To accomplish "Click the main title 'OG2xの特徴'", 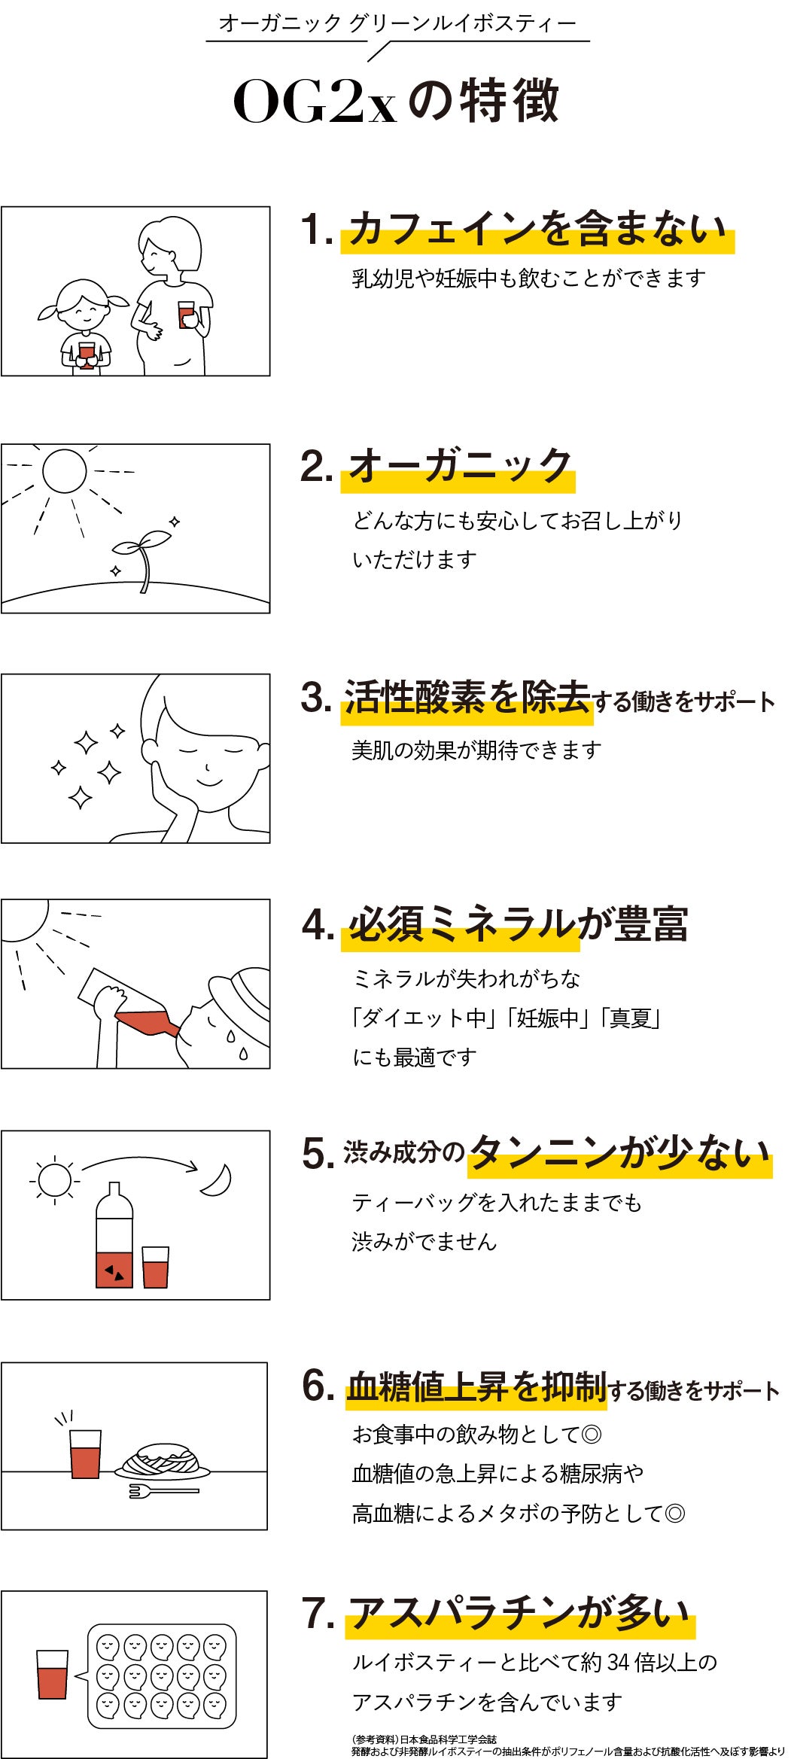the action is [396, 101].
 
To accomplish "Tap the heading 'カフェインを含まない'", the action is [537, 228].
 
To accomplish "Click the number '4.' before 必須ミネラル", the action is [318, 924].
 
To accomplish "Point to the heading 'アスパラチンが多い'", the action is [519, 1614].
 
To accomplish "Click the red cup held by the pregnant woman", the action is [186, 314].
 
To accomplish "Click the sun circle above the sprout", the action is [65, 471].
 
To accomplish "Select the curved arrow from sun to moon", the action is [139, 1160].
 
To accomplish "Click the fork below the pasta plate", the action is [163, 1490].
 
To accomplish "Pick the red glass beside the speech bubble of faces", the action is [52, 1674].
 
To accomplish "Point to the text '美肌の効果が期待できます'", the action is [476, 750].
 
